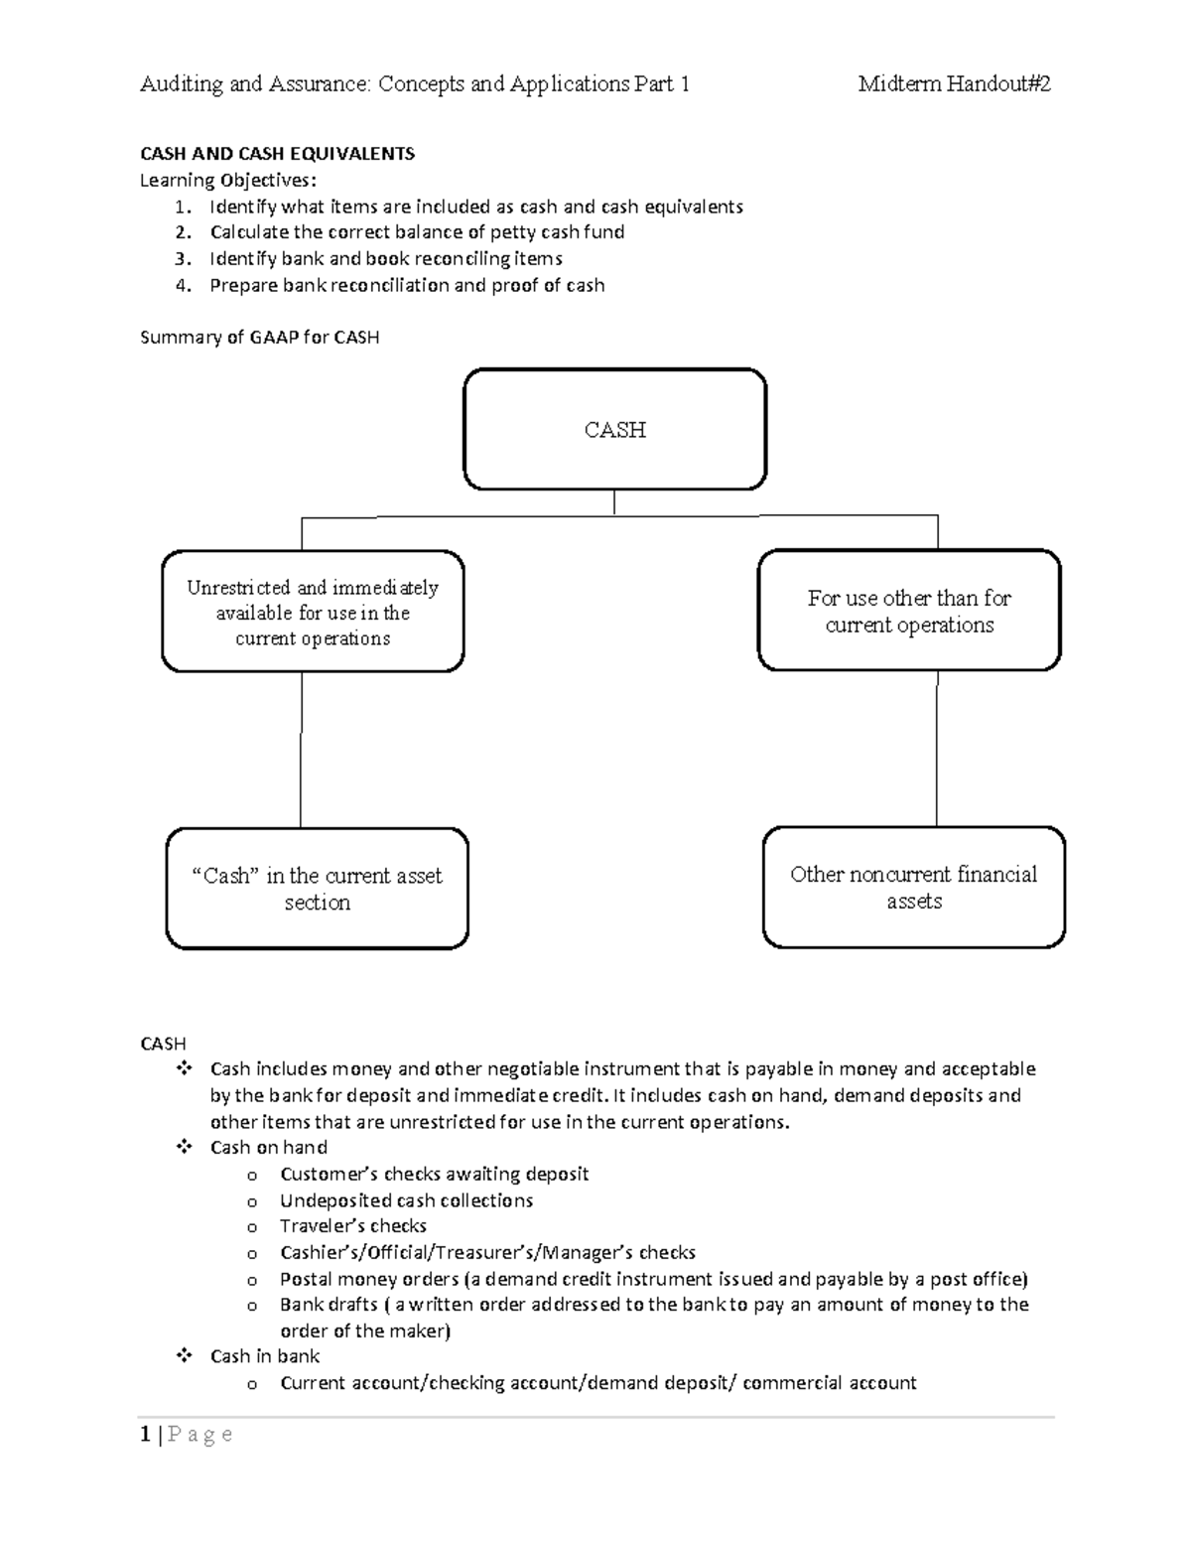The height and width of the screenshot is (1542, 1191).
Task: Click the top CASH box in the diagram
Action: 614,429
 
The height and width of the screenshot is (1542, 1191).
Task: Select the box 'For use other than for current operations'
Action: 909,611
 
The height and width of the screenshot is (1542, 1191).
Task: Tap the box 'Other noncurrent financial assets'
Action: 913,887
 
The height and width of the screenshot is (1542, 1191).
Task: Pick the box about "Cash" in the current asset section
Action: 317,888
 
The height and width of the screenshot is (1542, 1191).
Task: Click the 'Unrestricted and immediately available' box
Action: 313,612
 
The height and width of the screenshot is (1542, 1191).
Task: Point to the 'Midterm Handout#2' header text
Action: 954,84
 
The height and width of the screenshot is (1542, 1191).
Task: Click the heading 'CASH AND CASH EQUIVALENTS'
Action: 277,154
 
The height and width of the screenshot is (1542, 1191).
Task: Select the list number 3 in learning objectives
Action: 181,259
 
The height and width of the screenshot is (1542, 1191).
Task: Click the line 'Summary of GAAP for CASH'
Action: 259,338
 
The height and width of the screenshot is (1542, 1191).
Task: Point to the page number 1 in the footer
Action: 146,1434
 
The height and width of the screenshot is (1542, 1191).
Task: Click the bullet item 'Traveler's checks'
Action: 352,1226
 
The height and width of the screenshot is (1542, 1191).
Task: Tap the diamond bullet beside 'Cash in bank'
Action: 183,1355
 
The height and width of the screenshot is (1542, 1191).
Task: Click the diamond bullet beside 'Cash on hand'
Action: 183,1147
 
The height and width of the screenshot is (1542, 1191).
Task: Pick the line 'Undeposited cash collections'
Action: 406,1200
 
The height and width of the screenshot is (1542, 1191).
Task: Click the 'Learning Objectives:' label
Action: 229,181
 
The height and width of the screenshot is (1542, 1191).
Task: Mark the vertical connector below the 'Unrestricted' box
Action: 301,750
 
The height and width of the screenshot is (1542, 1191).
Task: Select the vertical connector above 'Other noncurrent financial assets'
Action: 936,749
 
